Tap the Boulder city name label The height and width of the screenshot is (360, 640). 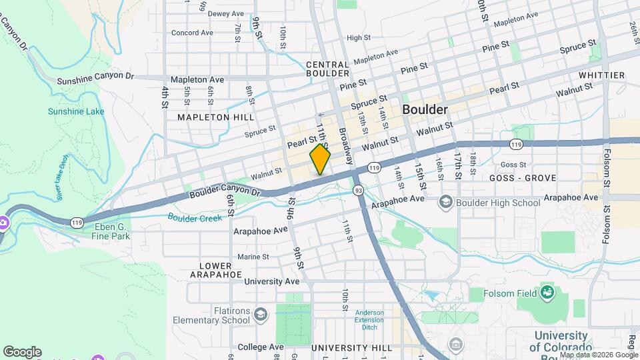[424, 110]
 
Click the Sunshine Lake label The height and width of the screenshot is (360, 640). [76, 111]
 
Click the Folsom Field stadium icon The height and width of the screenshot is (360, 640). [547, 291]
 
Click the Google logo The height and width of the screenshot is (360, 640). [22, 351]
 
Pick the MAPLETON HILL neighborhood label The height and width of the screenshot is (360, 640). [215, 117]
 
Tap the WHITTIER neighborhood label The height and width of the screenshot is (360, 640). [601, 75]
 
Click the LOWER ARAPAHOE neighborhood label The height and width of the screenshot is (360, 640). [216, 269]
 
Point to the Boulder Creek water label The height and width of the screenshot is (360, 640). [195, 217]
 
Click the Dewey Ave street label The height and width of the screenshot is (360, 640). [226, 13]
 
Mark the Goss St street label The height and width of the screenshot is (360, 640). [513, 165]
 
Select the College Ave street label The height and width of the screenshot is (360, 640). [261, 347]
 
